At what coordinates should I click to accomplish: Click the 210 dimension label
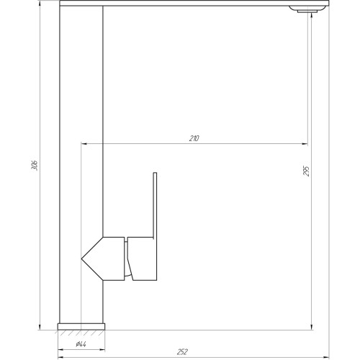tap(194, 138)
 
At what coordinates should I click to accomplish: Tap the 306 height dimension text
tap(35, 165)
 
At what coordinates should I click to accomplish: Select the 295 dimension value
tap(306, 171)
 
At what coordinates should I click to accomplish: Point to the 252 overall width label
tap(182, 352)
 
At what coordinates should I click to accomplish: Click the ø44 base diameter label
tap(81, 344)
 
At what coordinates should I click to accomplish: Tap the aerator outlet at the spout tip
tap(307, 11)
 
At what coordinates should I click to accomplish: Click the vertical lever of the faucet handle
tap(155, 204)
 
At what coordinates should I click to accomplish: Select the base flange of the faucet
tap(81, 326)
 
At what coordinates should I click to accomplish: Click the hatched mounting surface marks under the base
tap(81, 333)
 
